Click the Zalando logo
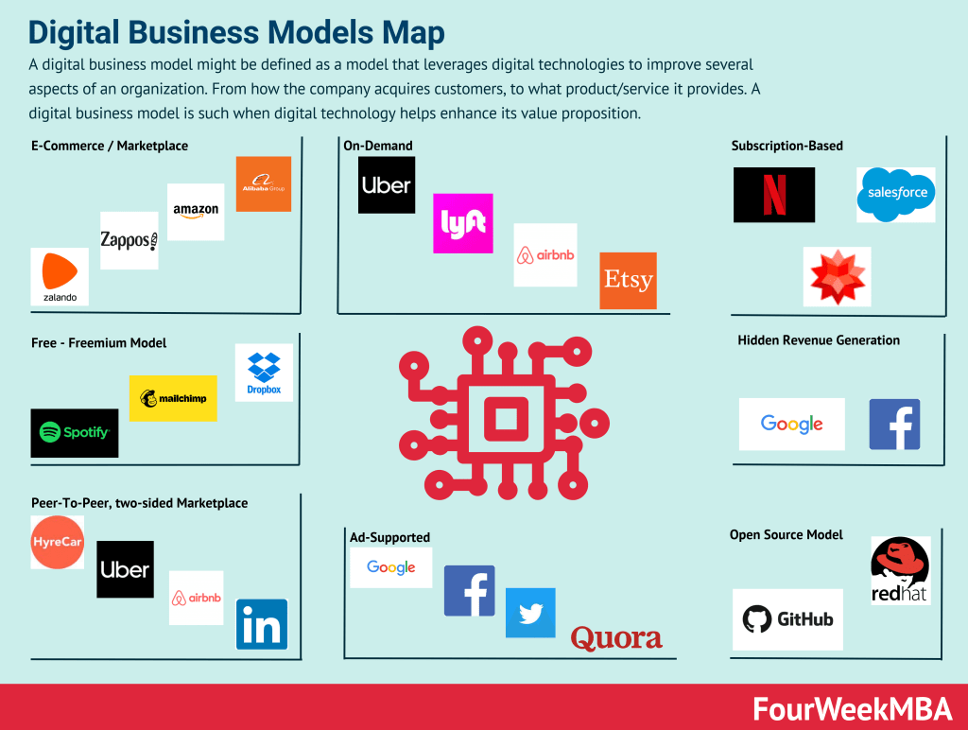point(60,277)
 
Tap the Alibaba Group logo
point(263,183)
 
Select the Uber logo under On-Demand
point(387,184)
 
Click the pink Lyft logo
point(462,223)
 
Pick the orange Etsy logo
point(628,280)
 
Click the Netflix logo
point(773,195)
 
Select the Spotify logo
point(75,433)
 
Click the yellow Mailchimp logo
point(173,398)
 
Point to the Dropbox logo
point(264,373)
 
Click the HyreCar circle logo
point(58,543)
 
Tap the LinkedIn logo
point(261,624)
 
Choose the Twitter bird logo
point(530,613)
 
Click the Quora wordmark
point(616,638)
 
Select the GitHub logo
point(787,619)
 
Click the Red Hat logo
point(900,570)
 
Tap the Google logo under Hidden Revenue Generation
point(791,424)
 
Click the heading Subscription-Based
point(786,146)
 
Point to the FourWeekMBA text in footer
point(853,708)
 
